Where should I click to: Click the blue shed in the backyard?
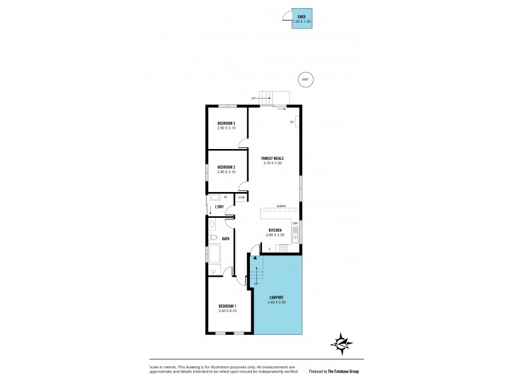[x=301, y=19]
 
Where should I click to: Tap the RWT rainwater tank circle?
[x=306, y=80]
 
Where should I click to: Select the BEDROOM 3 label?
[x=226, y=123]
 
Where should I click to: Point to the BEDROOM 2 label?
[x=226, y=167]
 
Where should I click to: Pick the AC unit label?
[x=292, y=121]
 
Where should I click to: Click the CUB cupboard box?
[x=241, y=198]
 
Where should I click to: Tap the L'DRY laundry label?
[x=220, y=207]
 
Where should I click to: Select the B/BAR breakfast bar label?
[x=282, y=206]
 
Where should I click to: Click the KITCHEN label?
[x=275, y=230]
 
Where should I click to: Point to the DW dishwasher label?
[x=295, y=224]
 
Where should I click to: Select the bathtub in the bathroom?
[x=213, y=256]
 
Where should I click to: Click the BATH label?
[x=225, y=239]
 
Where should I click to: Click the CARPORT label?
[x=276, y=297]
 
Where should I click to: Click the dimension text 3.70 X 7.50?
[x=272, y=163]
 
